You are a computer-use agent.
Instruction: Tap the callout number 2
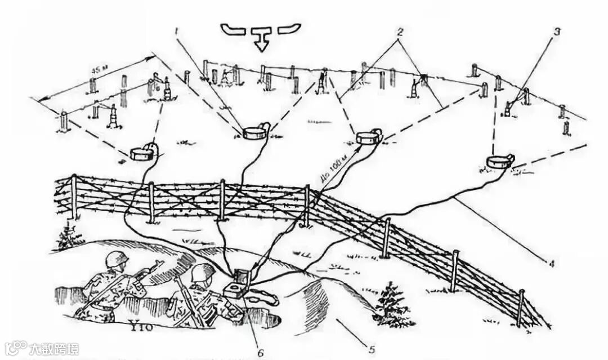tap(399, 32)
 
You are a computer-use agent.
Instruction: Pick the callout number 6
tap(260, 353)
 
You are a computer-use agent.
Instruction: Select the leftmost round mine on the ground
tap(141, 152)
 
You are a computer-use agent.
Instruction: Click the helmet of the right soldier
tap(203, 273)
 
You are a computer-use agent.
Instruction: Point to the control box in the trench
tap(237, 286)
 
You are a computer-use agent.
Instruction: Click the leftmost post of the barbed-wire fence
tap(74, 197)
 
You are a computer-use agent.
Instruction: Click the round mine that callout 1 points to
tap(254, 133)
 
